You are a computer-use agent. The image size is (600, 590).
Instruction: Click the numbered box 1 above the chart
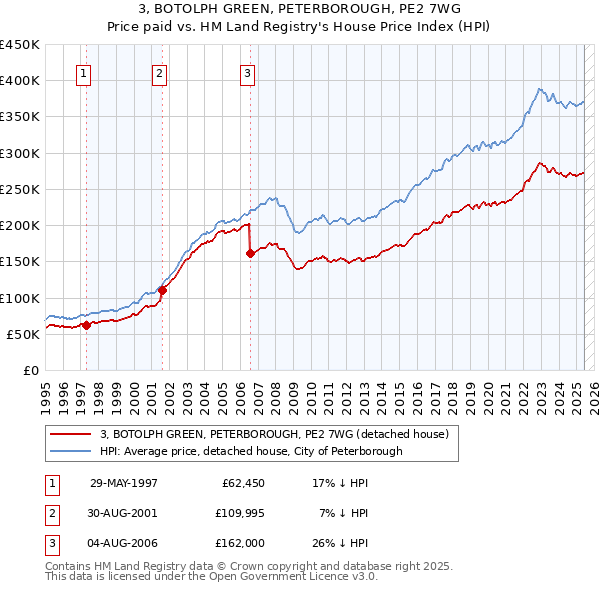83,72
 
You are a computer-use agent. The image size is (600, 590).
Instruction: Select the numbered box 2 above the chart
159,72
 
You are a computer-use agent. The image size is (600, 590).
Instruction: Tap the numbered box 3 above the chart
247,72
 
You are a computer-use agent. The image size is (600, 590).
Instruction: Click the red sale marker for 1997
87,325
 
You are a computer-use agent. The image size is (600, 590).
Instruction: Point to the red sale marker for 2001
162,290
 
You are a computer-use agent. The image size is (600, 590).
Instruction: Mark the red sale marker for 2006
250,253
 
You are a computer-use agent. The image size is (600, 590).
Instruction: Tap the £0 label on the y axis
30,370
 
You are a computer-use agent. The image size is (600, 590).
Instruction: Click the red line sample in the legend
70,434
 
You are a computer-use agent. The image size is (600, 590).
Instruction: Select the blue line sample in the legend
70,451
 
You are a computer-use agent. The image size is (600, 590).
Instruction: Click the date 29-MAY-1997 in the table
124,483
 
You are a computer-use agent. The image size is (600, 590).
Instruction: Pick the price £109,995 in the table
237,513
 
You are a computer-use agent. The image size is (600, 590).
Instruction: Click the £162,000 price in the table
237,543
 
